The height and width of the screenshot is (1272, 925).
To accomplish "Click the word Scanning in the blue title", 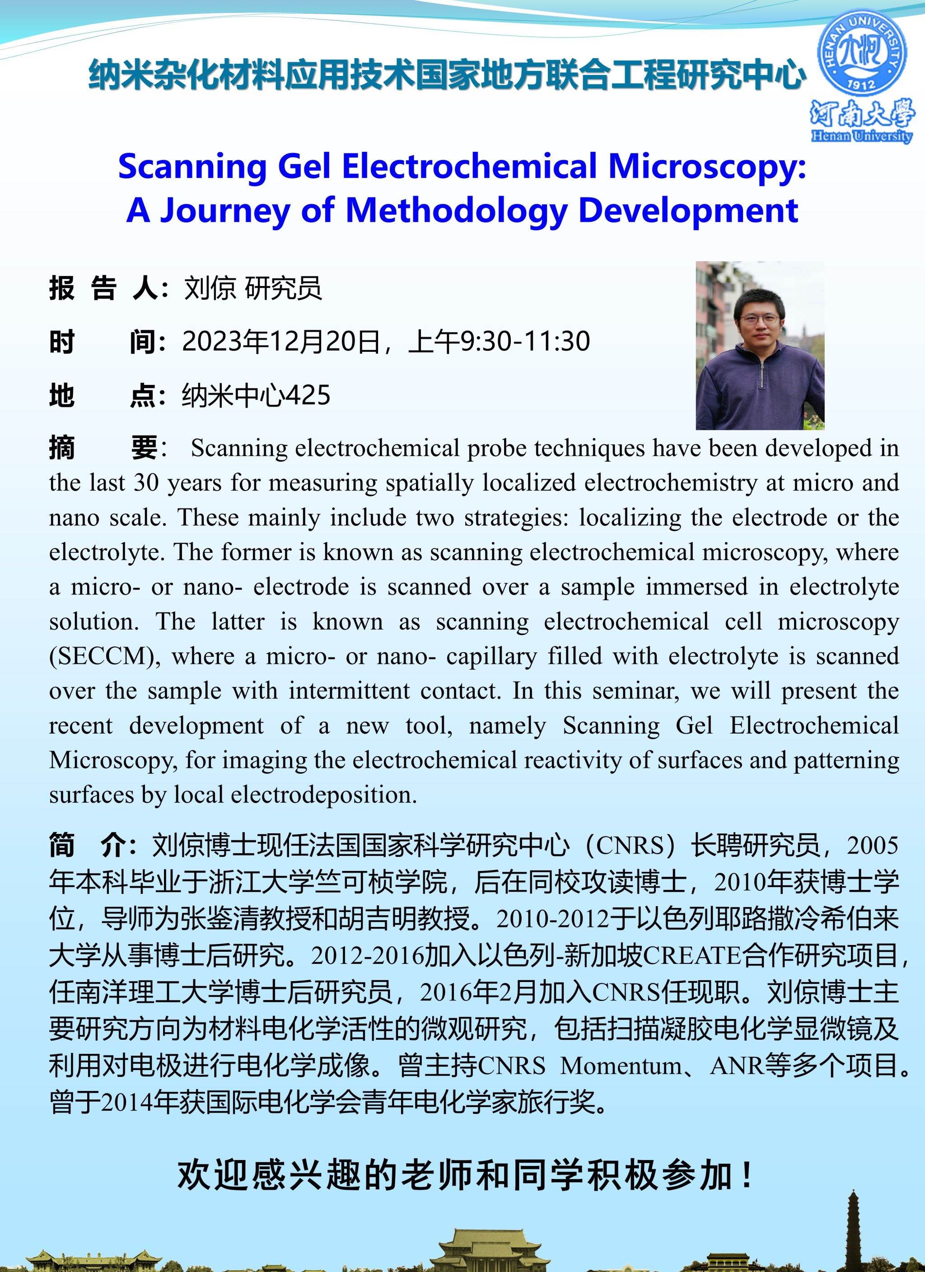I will click(192, 167).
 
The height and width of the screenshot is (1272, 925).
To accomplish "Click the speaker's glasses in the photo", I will click(760, 320).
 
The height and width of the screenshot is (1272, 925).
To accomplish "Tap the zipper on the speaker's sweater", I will click(762, 374).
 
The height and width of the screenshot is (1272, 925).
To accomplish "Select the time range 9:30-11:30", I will click(525, 341).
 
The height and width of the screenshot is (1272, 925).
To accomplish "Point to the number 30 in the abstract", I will click(146, 483).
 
